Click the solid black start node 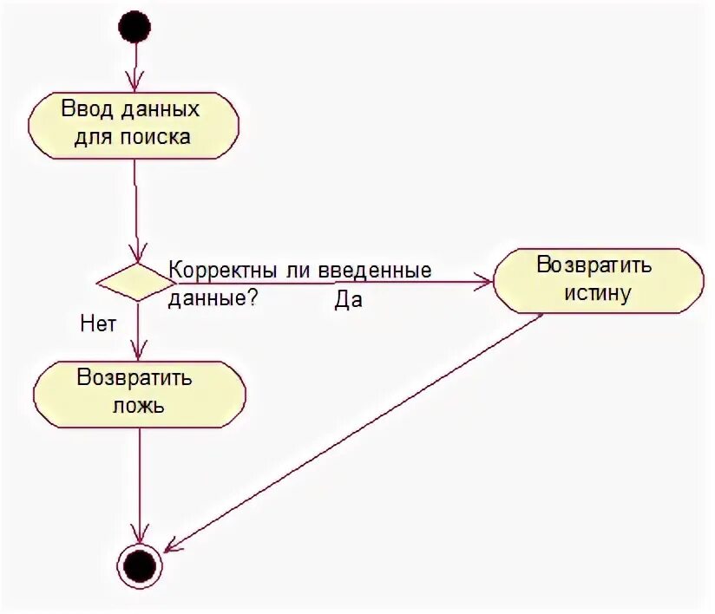tap(135, 26)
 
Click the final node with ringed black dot tap(139, 567)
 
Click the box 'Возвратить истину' tap(598, 279)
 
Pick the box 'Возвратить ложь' tap(139, 393)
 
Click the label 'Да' tap(348, 301)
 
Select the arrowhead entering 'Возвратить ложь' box tap(137, 353)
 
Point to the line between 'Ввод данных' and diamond tap(135, 208)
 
